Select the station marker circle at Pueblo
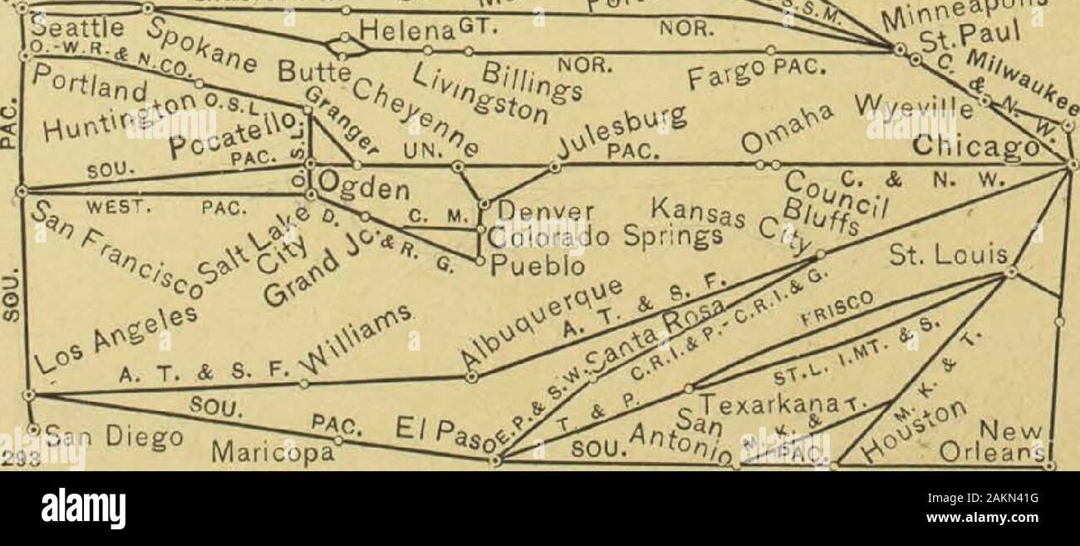(480, 261)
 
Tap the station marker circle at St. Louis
(1010, 272)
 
